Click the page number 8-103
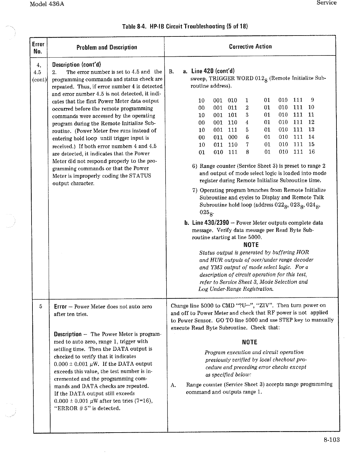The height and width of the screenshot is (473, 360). (332, 440)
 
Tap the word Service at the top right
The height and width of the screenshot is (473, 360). (326, 3)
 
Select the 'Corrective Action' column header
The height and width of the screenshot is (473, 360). (250, 47)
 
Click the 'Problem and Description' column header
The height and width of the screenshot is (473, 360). (107, 47)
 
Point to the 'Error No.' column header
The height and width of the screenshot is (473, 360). (38, 47)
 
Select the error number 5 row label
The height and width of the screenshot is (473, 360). (41, 306)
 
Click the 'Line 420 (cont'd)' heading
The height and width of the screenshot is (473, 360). (213, 71)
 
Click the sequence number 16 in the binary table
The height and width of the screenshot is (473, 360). (311, 152)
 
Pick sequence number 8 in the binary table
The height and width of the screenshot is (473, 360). (247, 152)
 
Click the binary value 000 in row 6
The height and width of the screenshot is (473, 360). (232, 137)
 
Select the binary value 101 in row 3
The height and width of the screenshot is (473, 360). (232, 115)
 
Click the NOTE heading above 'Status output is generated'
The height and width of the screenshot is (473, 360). (251, 245)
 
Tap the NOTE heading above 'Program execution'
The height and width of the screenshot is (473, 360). (249, 342)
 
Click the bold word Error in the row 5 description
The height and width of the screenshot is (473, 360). (60, 306)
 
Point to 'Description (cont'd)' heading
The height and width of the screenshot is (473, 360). (77, 65)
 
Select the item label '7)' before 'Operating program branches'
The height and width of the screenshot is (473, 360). (195, 190)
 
